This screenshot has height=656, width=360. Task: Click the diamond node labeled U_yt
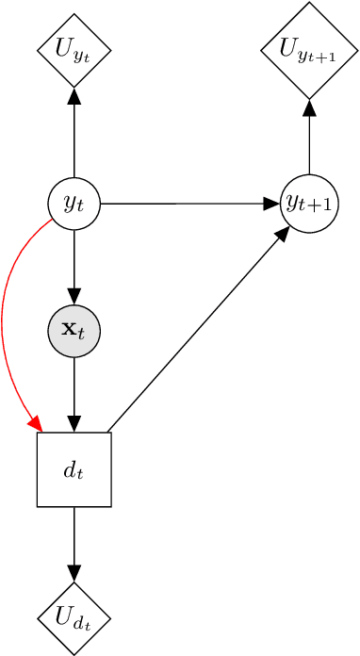pyautogui.click(x=74, y=49)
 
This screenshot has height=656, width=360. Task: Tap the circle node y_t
pyautogui.click(x=74, y=203)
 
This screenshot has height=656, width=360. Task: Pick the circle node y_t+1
pyautogui.click(x=310, y=203)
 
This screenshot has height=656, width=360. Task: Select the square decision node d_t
pyautogui.click(x=74, y=469)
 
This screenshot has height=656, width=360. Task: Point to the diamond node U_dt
pyautogui.click(x=74, y=619)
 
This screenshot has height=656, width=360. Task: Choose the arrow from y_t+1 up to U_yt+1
pyautogui.click(x=310, y=141)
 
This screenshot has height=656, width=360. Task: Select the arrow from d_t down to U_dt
pyautogui.click(x=74, y=542)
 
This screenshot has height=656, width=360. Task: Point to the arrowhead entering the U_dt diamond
pyautogui.click(x=74, y=573)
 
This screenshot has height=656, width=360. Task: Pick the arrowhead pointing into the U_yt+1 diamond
pyautogui.click(x=310, y=107)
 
